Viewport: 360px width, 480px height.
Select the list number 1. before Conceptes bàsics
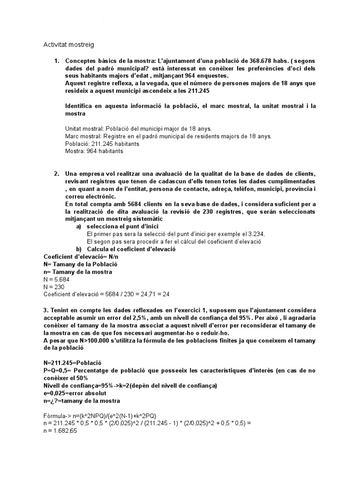click(57, 61)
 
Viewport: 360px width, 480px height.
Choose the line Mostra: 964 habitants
click(94, 151)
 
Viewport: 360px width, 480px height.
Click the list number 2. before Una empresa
click(57, 174)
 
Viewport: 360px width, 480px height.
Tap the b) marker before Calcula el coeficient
click(79, 249)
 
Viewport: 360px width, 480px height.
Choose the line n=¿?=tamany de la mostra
click(81, 401)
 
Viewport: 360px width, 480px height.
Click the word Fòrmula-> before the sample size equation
click(58, 416)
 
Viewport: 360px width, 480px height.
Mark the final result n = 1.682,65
click(60, 431)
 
